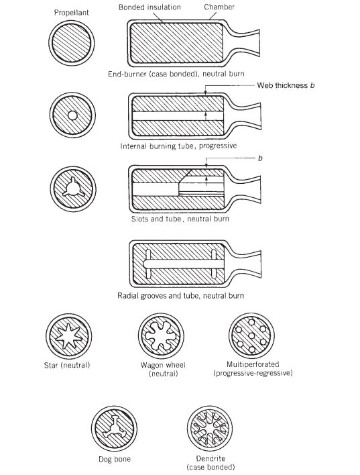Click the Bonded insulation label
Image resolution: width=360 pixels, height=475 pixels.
[x=150, y=6]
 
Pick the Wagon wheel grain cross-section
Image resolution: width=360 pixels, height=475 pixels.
[x=160, y=335]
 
